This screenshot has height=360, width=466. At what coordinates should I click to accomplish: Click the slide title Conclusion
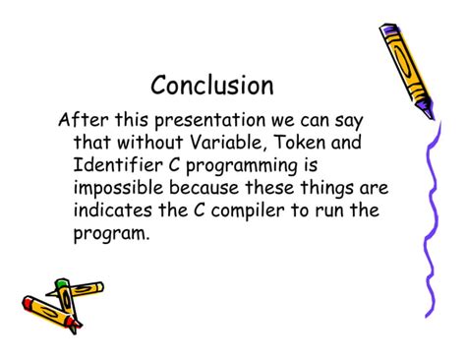coord(212,86)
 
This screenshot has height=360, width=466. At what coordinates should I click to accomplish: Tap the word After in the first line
coord(82,121)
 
